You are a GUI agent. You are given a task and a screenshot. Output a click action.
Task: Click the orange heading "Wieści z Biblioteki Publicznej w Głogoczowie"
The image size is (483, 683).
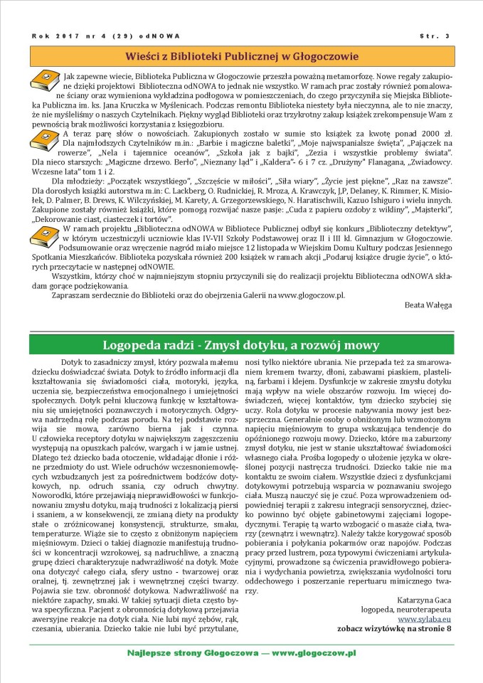(x=241, y=55)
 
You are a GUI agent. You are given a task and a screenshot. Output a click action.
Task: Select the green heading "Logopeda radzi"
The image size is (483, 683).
(x=241, y=346)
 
